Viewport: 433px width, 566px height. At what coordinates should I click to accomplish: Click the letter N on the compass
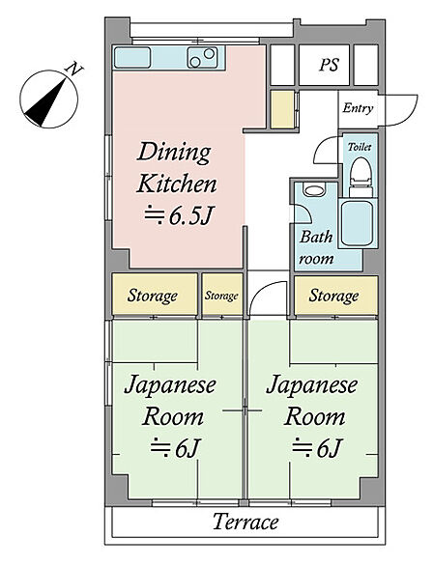click(74, 69)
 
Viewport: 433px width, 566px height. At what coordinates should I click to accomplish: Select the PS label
click(329, 65)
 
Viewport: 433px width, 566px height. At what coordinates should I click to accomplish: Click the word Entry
click(358, 108)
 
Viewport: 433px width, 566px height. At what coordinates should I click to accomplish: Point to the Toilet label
click(360, 147)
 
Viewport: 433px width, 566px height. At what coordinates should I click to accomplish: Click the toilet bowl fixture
click(361, 176)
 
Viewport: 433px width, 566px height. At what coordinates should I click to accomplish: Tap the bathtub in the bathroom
click(358, 223)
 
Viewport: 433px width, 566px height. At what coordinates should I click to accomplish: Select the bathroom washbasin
click(313, 190)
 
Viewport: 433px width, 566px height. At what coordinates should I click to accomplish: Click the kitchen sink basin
click(132, 58)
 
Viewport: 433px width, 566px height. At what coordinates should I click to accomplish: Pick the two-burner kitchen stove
click(202, 57)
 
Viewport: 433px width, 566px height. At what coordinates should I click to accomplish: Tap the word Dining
click(174, 154)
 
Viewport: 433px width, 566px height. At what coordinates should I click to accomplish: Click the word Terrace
click(245, 522)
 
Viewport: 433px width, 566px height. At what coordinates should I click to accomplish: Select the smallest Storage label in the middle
click(221, 296)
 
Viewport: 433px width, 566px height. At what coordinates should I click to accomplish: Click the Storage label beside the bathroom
click(333, 296)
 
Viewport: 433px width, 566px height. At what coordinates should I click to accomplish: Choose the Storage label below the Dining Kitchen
click(153, 296)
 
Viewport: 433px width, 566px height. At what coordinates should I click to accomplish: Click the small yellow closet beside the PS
click(282, 109)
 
